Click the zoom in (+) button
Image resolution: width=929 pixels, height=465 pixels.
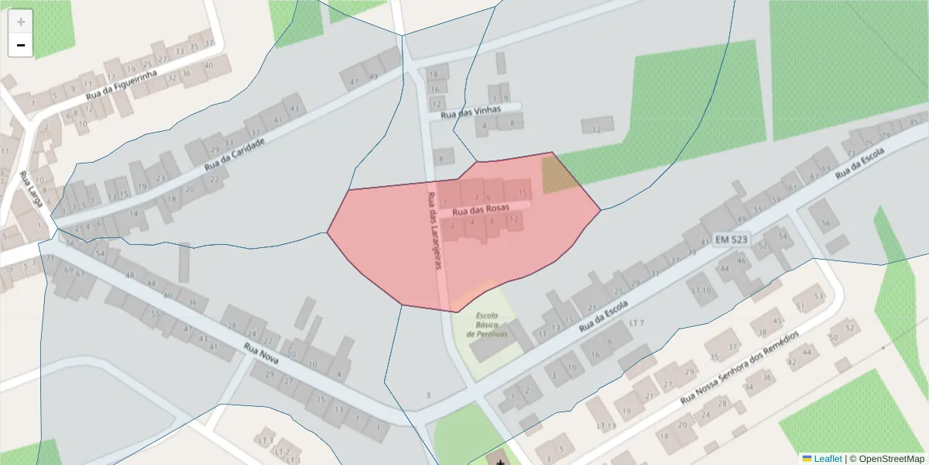(21, 21)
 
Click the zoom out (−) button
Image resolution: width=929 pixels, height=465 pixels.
(21, 45)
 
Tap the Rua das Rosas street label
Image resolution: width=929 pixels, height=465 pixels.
(480, 209)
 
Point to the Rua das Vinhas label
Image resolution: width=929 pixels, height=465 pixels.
(471, 111)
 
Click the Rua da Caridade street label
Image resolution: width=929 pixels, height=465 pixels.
(235, 155)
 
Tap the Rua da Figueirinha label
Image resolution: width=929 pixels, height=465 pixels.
(122, 85)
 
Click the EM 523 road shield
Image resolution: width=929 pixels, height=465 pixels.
(731, 239)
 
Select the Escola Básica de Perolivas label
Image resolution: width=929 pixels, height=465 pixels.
(485, 324)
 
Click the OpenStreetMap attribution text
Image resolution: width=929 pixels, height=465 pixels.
(886, 459)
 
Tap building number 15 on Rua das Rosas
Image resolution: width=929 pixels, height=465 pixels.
(523, 192)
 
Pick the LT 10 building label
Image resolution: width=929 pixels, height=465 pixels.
(701, 290)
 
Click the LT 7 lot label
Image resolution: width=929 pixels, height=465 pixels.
(637, 322)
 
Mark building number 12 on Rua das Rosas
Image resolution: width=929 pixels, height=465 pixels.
(512, 219)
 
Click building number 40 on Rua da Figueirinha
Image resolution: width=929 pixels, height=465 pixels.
(208, 65)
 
